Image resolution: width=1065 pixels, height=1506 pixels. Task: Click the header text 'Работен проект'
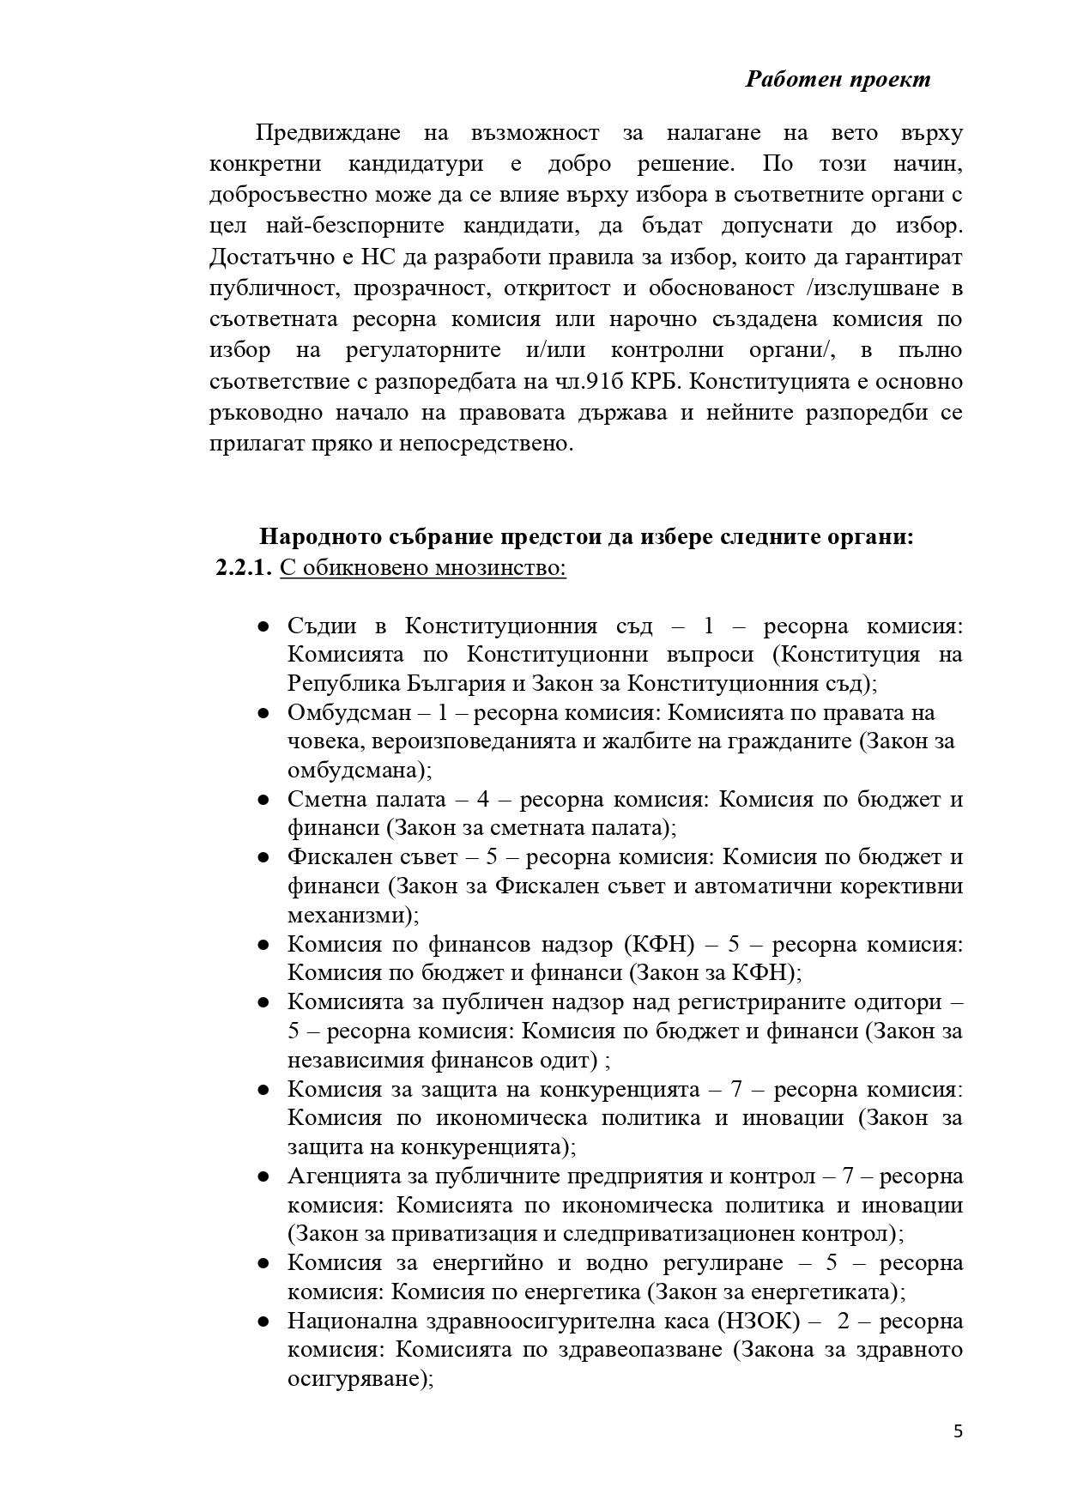pyautogui.click(x=838, y=80)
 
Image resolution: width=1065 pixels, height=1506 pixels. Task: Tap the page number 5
pyautogui.click(x=958, y=1430)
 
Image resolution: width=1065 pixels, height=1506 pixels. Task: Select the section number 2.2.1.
pyautogui.click(x=244, y=568)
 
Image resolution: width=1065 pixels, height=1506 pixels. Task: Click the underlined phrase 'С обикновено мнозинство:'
pyautogui.click(x=423, y=568)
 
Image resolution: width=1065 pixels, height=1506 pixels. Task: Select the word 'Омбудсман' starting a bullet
pyautogui.click(x=349, y=713)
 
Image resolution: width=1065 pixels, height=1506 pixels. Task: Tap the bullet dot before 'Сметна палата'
pyautogui.click(x=264, y=801)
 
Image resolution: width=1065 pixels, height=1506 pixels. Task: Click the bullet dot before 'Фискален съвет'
pyautogui.click(x=264, y=858)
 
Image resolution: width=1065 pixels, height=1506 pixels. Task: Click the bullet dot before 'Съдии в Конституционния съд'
pyautogui.click(x=264, y=627)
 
